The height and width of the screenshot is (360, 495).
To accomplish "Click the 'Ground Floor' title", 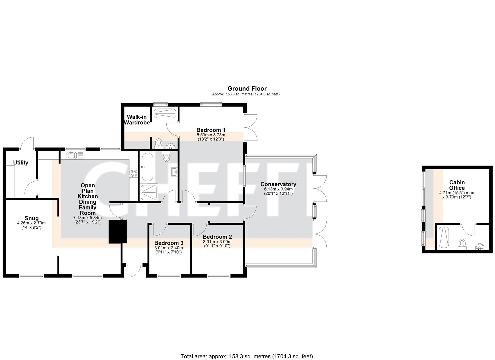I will coord(247,88).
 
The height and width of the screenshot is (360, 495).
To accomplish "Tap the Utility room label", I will coord(21,163).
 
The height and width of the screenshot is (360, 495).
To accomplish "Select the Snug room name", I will coord(31,218).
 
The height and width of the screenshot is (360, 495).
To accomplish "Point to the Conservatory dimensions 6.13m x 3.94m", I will coord(278,189).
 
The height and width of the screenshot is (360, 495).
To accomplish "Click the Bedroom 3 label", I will coord(168,243).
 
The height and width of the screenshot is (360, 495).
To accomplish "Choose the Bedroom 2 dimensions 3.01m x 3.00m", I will coord(217,242).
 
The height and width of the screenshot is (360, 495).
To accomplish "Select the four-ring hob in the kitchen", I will coord(134,173).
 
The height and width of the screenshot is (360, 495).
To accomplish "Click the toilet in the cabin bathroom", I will coord(462,244).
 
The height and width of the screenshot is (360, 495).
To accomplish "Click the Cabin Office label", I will coord(457,185).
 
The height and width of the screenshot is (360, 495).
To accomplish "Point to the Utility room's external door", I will coord(27,143).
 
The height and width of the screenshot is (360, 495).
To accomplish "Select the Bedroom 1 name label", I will coord(211,130).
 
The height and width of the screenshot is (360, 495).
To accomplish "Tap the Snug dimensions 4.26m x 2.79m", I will coord(31,225).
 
